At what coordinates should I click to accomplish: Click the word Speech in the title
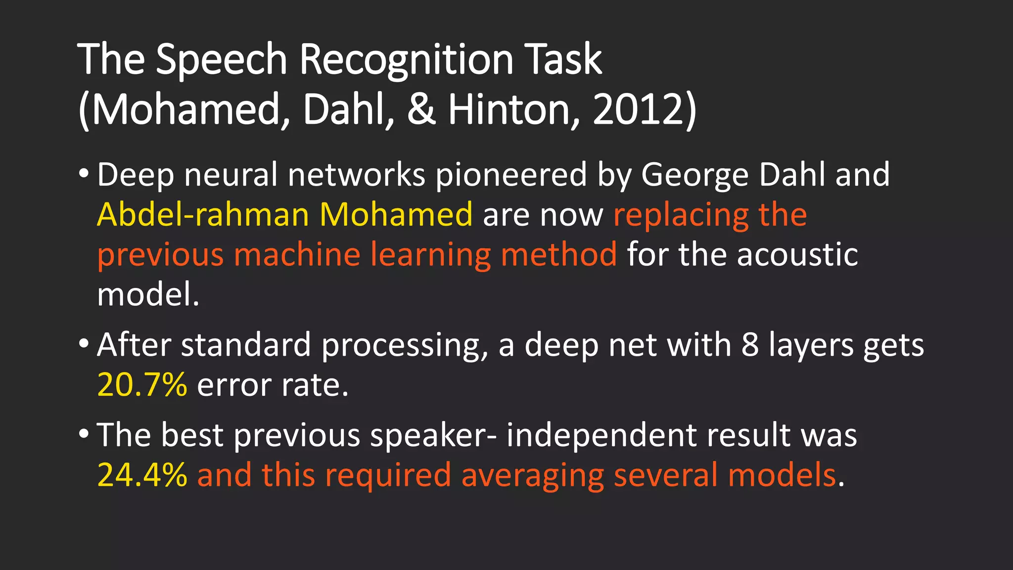[222, 60]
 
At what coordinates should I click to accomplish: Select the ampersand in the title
[421, 110]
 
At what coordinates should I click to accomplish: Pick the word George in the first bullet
[694, 175]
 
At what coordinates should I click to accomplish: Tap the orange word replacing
[680, 216]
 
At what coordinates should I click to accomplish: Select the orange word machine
[297, 254]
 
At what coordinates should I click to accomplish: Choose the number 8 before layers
[749, 345]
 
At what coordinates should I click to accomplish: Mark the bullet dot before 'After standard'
[84, 343]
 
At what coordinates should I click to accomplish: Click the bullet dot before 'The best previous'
[84, 433]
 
